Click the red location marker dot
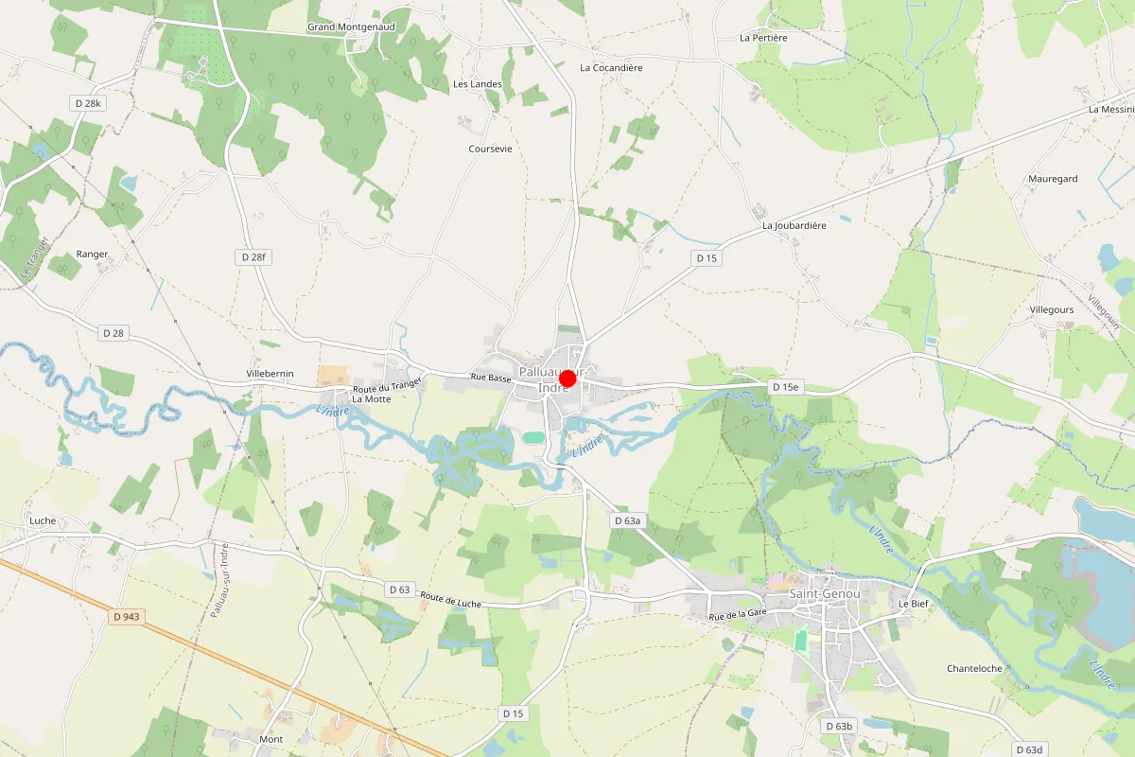(x=567, y=378)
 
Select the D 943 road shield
(x=126, y=617)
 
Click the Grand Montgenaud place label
(x=351, y=27)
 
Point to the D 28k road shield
(x=86, y=101)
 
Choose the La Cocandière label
(x=611, y=68)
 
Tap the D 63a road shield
(x=627, y=520)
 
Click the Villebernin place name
(x=270, y=374)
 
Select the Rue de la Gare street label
(x=737, y=615)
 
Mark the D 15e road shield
(x=785, y=387)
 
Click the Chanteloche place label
(x=974, y=668)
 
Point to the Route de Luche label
(x=451, y=600)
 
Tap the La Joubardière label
(x=794, y=226)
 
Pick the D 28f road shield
(x=253, y=256)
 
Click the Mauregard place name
(x=1053, y=179)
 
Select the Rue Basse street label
(x=492, y=378)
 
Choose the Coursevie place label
(x=490, y=150)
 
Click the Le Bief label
(x=915, y=603)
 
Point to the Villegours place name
(x=1053, y=309)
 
